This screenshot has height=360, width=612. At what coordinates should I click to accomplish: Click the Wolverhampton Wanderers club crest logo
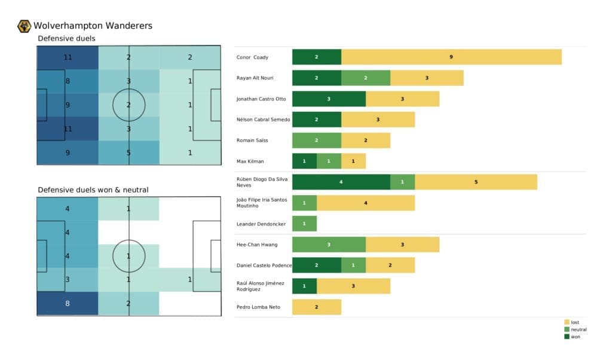coord(25,26)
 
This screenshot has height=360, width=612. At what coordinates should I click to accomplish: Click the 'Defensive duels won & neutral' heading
coord(93,190)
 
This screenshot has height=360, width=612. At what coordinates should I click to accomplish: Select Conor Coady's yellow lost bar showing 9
coord(451,57)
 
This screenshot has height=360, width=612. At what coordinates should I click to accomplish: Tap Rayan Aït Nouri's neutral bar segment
coord(366,78)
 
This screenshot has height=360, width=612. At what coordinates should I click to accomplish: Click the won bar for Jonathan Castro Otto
coord(329,99)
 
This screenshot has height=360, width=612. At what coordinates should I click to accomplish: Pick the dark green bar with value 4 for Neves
coord(341,182)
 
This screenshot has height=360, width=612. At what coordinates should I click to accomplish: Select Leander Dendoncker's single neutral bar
coord(304,224)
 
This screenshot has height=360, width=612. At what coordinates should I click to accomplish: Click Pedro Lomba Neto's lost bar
coord(316,307)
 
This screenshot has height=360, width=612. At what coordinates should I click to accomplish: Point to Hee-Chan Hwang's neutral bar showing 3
coord(329,245)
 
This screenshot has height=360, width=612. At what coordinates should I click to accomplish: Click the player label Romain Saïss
coord(253,141)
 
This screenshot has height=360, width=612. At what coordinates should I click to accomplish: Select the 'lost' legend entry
coord(574,322)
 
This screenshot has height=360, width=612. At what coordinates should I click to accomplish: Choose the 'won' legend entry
coord(574,336)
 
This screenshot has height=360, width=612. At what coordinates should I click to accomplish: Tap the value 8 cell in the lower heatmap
coord(68,304)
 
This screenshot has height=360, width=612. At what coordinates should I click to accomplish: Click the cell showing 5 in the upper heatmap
coord(129,152)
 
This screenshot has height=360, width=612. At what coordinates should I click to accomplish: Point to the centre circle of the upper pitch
coord(129,105)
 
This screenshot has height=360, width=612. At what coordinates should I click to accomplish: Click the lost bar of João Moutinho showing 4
coord(365,203)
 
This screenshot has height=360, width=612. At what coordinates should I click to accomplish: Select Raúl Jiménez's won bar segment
coord(304,286)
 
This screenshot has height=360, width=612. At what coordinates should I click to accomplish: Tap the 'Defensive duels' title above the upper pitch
coord(66,39)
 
